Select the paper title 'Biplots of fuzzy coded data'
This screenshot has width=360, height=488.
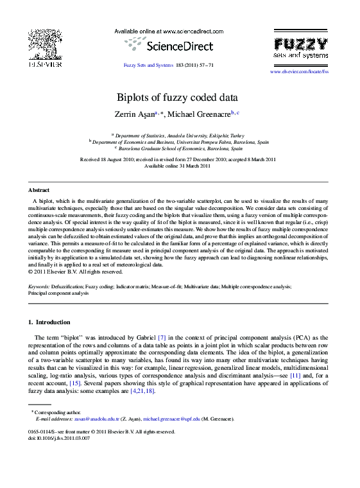[x=177, y=98]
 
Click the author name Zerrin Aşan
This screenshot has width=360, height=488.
[x=133, y=114]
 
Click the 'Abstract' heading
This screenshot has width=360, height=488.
[x=39, y=190]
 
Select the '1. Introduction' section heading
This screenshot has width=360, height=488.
[x=49, y=322]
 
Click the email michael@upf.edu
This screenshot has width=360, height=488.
[x=172, y=419]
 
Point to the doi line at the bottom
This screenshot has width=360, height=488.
[x=60, y=438]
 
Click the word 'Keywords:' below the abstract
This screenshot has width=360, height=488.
[x=39, y=286]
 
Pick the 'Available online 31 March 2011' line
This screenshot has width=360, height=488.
[x=177, y=166]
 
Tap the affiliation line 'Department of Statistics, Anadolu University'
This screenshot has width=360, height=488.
[x=180, y=136]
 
